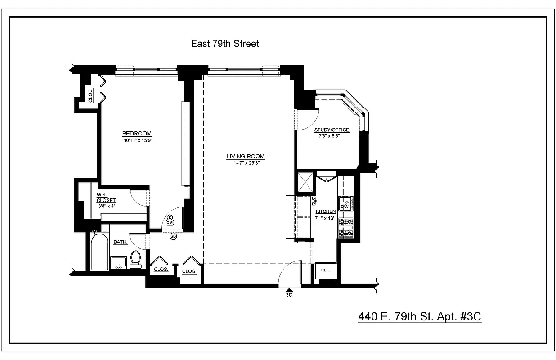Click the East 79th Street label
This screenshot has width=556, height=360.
point(225,44)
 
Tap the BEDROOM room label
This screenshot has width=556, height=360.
point(137,134)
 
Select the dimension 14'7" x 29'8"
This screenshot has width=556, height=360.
point(245,163)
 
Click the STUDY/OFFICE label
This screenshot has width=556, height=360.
point(332,130)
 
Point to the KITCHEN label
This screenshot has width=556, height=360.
point(326,211)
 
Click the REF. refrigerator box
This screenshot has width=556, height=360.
point(326,270)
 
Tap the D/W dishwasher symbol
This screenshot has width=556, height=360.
point(345,206)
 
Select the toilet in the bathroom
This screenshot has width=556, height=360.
point(135,259)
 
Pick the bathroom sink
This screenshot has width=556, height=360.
point(119,262)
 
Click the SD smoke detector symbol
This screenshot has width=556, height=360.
point(173,236)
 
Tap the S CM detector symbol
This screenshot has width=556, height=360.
point(170,220)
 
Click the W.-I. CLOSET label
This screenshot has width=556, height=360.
point(106,198)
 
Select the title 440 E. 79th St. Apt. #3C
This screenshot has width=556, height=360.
point(419,316)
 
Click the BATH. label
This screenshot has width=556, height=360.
point(120,242)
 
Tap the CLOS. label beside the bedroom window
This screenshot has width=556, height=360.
point(90,96)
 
